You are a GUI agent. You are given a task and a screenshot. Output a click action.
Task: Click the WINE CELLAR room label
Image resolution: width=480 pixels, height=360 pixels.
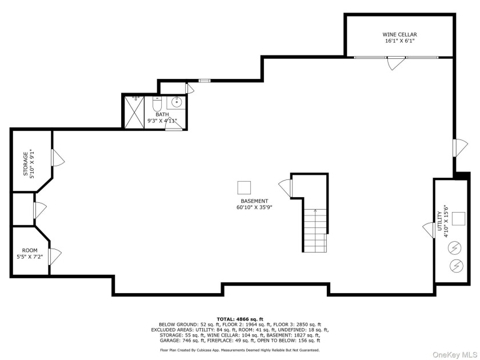[399, 34]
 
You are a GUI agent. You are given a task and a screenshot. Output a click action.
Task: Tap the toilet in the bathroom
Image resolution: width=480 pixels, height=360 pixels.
[157, 105]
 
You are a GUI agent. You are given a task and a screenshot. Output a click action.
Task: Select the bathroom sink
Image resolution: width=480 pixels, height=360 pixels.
[177, 103]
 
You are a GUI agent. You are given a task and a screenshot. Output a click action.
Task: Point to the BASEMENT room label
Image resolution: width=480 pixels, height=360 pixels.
[254, 201]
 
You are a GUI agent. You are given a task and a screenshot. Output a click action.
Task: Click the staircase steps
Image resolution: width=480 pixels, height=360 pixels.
[315, 230]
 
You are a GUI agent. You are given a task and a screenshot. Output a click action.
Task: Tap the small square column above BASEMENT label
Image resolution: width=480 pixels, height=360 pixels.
[244, 187]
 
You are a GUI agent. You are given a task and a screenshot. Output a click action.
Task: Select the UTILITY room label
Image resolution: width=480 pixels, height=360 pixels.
[439, 221]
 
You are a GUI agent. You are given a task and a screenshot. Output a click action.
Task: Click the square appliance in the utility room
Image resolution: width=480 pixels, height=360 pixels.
[458, 218]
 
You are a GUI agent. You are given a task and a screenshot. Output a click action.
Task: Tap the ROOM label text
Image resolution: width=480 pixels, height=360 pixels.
[30, 250]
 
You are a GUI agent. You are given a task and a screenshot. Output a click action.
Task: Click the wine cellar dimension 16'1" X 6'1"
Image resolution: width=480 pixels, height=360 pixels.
[399, 41]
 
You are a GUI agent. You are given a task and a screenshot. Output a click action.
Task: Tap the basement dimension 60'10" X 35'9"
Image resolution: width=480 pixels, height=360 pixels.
[254, 208]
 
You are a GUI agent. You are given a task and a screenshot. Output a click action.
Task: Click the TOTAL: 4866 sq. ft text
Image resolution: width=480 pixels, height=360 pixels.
[239, 318]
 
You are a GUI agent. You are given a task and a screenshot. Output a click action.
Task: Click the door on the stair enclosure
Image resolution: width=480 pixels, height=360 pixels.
[285, 187]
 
